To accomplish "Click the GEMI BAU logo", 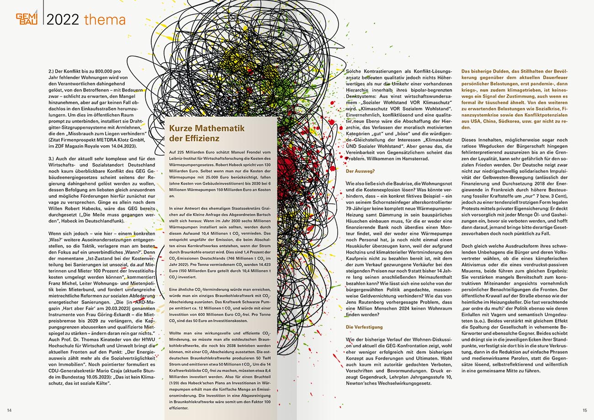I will pos(27,19).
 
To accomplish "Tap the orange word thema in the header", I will pos(105,20).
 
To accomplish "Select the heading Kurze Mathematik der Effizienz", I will pos(200,133).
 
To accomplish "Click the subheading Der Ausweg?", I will pos(360,171).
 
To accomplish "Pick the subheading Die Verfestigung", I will pos(364,327).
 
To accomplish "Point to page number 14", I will pos(9,410).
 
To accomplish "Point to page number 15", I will pos(584,410).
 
